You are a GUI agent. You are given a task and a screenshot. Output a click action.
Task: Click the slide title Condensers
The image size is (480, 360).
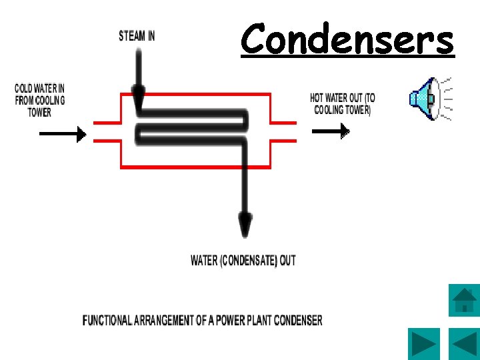pos(347,39)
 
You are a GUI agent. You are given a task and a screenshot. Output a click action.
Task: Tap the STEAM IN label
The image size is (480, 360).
pos(137,36)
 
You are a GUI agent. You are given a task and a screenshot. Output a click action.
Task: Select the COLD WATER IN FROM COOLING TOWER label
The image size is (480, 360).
pos(39,100)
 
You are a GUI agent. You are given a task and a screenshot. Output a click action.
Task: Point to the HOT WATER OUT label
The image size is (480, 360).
pos(343,104)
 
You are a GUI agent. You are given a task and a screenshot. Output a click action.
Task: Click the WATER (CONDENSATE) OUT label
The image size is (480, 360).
pos(243,261)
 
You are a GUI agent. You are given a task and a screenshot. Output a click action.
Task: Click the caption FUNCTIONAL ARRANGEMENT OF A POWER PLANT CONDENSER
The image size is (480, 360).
pos(202,321)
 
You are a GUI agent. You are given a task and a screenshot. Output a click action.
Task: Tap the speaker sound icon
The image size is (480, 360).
pos(427,99)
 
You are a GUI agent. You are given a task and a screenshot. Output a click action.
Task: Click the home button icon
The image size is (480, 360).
pos(464,300)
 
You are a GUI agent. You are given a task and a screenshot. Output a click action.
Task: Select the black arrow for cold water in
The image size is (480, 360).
pos(63,134)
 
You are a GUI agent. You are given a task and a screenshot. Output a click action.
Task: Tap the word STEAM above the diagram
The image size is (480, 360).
pos(129,36)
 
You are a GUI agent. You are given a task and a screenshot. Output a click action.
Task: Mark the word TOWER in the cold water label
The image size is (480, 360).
pos(39,112)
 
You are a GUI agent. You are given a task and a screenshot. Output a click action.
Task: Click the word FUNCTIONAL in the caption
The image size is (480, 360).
pos(107,321)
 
